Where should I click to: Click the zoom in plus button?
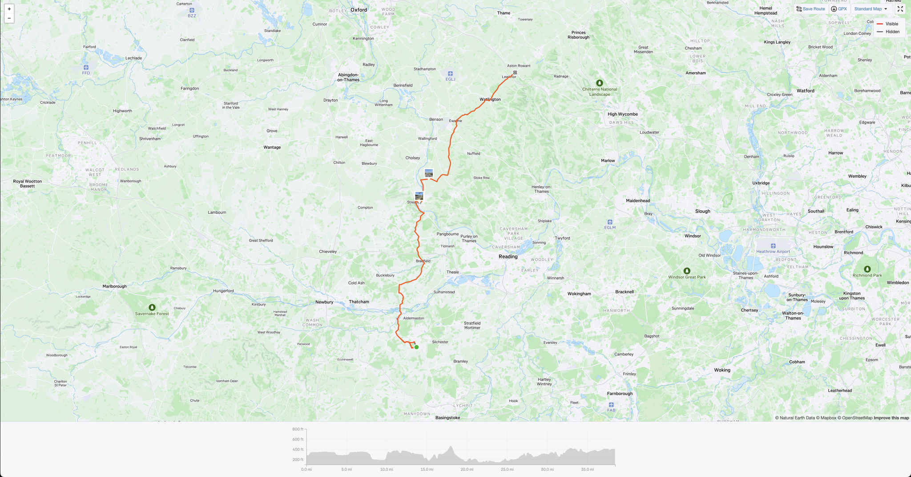[x=9, y=9]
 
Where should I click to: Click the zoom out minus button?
[x=9, y=18]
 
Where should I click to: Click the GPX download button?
[x=839, y=9]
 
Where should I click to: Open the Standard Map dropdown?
[x=871, y=9]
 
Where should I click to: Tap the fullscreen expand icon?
[x=900, y=9]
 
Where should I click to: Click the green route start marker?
[x=416, y=347]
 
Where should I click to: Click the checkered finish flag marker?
[x=515, y=73]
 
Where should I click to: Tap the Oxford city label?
[x=359, y=10]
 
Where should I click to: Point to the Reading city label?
[x=508, y=257]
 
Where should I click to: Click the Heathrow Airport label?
[x=773, y=252]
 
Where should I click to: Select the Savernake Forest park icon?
[x=152, y=307]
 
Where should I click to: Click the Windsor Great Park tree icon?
[x=687, y=271]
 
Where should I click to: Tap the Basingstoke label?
[x=447, y=418]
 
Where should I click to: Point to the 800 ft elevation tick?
[x=298, y=429]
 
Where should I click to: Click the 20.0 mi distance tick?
[x=467, y=469]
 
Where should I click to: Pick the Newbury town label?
[x=324, y=302]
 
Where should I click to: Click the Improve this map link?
[x=891, y=418]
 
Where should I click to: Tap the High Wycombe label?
[x=623, y=114]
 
